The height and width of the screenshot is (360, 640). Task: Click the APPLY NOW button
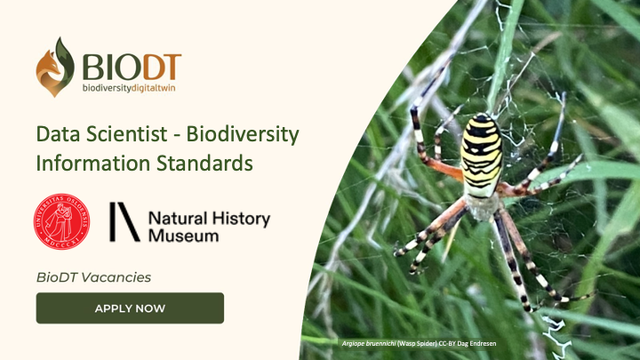(x=130, y=308)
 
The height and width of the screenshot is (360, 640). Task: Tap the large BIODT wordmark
(x=132, y=64)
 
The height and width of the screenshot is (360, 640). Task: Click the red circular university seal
(x=62, y=221)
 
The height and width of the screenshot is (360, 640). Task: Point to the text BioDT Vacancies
(x=93, y=277)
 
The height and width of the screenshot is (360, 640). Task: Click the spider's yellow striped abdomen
(x=481, y=156)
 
